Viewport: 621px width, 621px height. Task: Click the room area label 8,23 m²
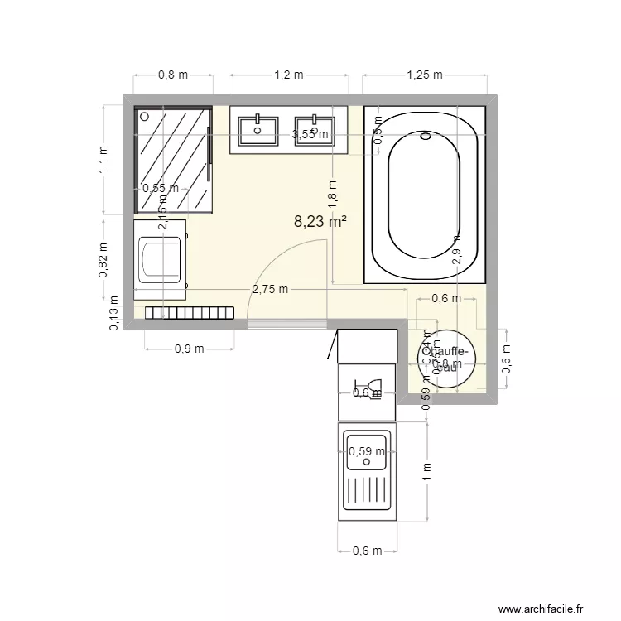click(x=320, y=222)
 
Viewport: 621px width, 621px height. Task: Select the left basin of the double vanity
click(x=258, y=129)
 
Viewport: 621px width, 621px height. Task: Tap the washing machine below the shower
click(x=161, y=259)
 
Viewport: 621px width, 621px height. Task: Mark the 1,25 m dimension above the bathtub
click(x=424, y=75)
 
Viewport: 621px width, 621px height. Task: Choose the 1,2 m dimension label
click(x=288, y=75)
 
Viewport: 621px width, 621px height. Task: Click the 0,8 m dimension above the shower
click(x=172, y=75)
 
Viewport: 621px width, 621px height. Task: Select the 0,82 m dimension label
click(x=103, y=259)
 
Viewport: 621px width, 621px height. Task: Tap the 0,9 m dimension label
click(x=189, y=349)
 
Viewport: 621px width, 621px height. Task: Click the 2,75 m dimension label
click(x=270, y=289)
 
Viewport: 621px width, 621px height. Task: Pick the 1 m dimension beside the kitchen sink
click(x=426, y=473)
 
